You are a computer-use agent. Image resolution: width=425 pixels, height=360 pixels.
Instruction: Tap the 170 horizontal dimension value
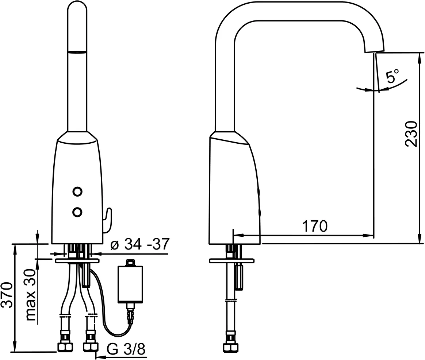coord(315,226)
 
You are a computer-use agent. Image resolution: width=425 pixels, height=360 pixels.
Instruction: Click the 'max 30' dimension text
coord(31,295)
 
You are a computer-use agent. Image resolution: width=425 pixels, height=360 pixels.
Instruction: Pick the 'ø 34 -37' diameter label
coord(140,244)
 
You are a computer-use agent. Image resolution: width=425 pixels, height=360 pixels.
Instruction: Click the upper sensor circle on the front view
coord(77,191)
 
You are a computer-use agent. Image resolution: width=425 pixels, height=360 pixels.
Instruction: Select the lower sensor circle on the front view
coord(77,212)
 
